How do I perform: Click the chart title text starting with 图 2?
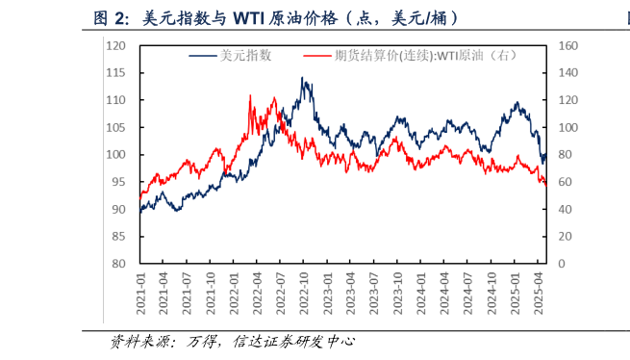pyautogui.click(x=275, y=17)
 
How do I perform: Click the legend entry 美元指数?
pyautogui.click(x=246, y=56)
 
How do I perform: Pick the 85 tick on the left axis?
pyautogui.click(x=118, y=236)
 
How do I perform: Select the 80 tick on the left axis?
pyautogui.click(x=118, y=263)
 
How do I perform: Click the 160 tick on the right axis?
pyautogui.click(x=567, y=45)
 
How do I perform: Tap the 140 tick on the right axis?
pyautogui.click(x=567, y=72)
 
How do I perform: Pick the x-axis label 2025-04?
pyautogui.click(x=540, y=289)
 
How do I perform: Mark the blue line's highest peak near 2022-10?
pyautogui.click(x=303, y=79)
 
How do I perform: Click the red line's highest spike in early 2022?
pyautogui.click(x=250, y=95)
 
